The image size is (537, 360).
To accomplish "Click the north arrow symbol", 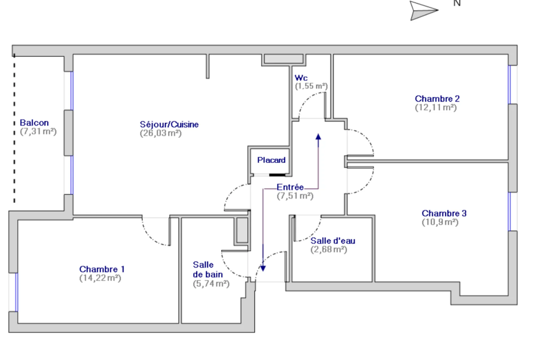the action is point(424,10).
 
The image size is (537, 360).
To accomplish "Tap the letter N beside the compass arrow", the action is point(457,3).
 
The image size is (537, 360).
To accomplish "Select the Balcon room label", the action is point(34,122).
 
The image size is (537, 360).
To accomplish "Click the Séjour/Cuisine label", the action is point(169,124).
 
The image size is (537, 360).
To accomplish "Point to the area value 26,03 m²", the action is point(161,133).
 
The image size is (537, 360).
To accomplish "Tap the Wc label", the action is point(301,78).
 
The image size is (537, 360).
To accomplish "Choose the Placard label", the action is point(271,160).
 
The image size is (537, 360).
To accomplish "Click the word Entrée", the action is point(290,187).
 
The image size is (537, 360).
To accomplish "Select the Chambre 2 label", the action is point(437,99).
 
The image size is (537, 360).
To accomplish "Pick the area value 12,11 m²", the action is point(436,107).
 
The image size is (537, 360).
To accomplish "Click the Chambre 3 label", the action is point(444,213).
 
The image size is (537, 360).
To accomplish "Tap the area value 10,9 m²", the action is point(440,222).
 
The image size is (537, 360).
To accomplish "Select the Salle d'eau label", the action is point(333,241).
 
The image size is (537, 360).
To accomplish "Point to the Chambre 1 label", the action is point(102,269).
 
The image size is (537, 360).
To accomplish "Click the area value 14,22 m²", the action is point(101,278).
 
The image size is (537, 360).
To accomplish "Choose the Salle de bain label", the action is point(208,269).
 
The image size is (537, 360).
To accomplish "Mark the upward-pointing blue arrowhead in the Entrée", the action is point(319,137).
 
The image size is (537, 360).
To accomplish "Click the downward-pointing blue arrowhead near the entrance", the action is point(263,268).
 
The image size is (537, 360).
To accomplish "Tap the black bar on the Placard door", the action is point(277,175).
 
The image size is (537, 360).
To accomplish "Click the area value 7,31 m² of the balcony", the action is point(39,132).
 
